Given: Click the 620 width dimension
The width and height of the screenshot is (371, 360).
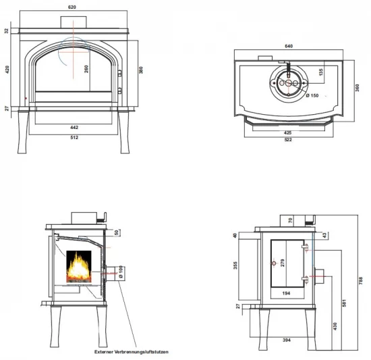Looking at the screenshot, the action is tap(72, 7).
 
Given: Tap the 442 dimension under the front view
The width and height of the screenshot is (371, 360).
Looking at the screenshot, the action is tap(74, 128).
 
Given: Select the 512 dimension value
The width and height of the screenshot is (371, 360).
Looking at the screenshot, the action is tap(74, 137).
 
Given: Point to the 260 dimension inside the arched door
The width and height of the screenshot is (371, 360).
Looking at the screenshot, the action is tap(86, 69).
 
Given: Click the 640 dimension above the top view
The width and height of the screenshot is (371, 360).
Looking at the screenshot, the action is tap(289, 46).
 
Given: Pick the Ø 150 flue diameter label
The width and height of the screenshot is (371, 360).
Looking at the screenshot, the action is tap(312, 96).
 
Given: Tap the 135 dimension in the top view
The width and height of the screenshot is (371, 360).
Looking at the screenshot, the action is tap(321, 72).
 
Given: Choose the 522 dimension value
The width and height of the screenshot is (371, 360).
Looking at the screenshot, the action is tap(288, 140).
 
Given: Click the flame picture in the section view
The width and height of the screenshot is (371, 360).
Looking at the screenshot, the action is tap(79, 266).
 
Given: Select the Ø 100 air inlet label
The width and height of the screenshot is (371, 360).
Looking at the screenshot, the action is tap(121, 272).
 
